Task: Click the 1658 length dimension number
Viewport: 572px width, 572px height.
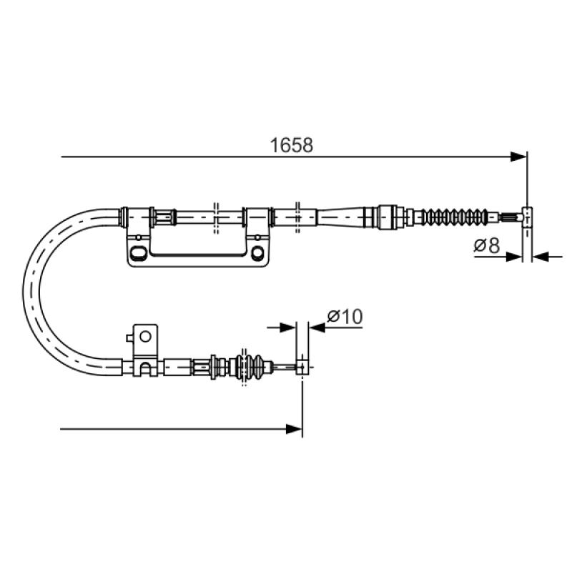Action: (291, 145)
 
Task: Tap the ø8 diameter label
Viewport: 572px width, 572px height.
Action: (486, 245)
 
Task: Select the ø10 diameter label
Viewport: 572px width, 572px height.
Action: (345, 316)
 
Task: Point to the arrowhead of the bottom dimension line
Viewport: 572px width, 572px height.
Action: (295, 429)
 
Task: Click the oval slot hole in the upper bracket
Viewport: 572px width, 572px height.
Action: (138, 253)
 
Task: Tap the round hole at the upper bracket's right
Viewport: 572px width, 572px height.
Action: (257, 252)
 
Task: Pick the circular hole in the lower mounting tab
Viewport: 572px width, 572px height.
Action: (145, 336)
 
